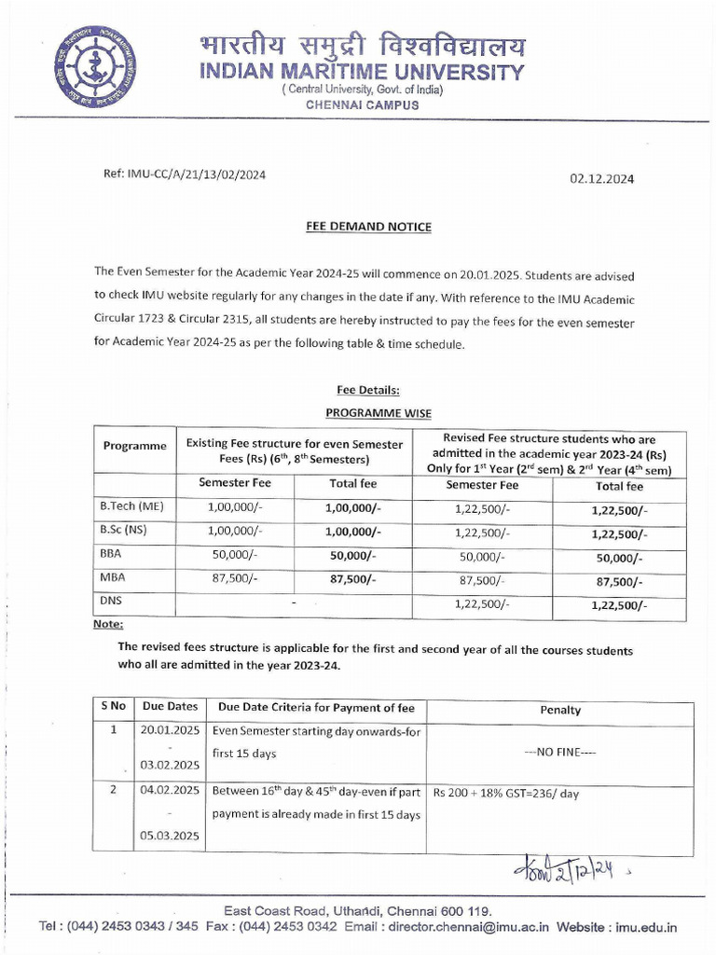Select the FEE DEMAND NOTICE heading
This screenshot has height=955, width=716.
coord(368,227)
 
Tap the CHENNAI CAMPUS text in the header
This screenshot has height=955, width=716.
coord(363,105)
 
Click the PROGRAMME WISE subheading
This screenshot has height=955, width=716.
coord(379,412)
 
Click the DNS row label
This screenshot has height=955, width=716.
coord(111,602)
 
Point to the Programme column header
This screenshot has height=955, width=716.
coord(134,446)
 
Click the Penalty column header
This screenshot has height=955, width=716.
coord(560,710)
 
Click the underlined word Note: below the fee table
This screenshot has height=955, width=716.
coord(108,625)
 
